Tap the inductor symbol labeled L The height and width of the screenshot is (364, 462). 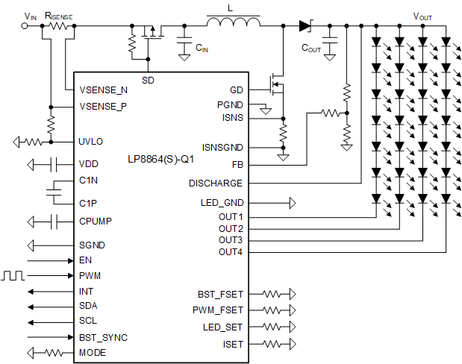tap(233, 25)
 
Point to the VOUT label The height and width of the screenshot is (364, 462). tap(422, 16)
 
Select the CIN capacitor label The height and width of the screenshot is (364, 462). tap(202, 47)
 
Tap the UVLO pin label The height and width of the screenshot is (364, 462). tap(92, 142)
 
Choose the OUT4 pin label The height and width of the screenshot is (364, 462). tap(231, 252)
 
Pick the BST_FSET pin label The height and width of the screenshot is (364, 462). tap(220, 294)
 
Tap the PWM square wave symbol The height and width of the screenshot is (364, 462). tap(13, 275)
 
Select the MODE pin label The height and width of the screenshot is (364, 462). tap(93, 352)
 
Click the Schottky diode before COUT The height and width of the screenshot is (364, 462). tap(305, 25)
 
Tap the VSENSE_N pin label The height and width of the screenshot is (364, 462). tap(103, 90)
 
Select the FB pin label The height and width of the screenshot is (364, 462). tap(237, 164)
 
